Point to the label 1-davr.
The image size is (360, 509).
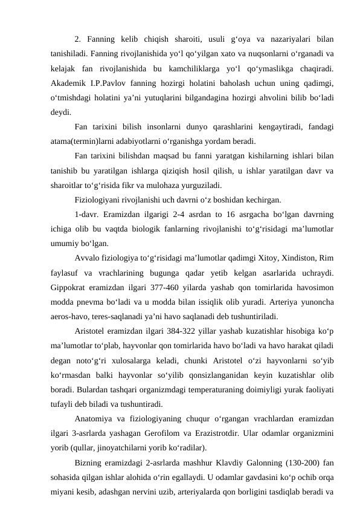coord(87,214)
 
